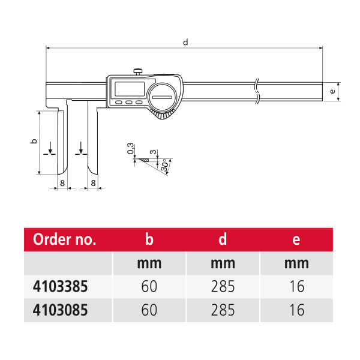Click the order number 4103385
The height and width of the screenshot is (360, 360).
[x=60, y=286]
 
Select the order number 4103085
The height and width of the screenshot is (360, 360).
[x=60, y=310]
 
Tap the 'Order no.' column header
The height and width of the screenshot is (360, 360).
[x=65, y=239]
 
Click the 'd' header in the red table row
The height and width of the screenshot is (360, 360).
[x=223, y=239]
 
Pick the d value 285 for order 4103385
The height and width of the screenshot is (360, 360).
[x=223, y=286]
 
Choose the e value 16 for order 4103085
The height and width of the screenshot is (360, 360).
[x=297, y=310]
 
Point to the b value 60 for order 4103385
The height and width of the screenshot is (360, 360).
[x=149, y=286]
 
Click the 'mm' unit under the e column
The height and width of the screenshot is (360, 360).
[x=296, y=263]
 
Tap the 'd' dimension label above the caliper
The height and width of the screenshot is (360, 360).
[x=185, y=42]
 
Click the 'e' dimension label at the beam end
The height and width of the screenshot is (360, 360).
[x=332, y=91]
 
